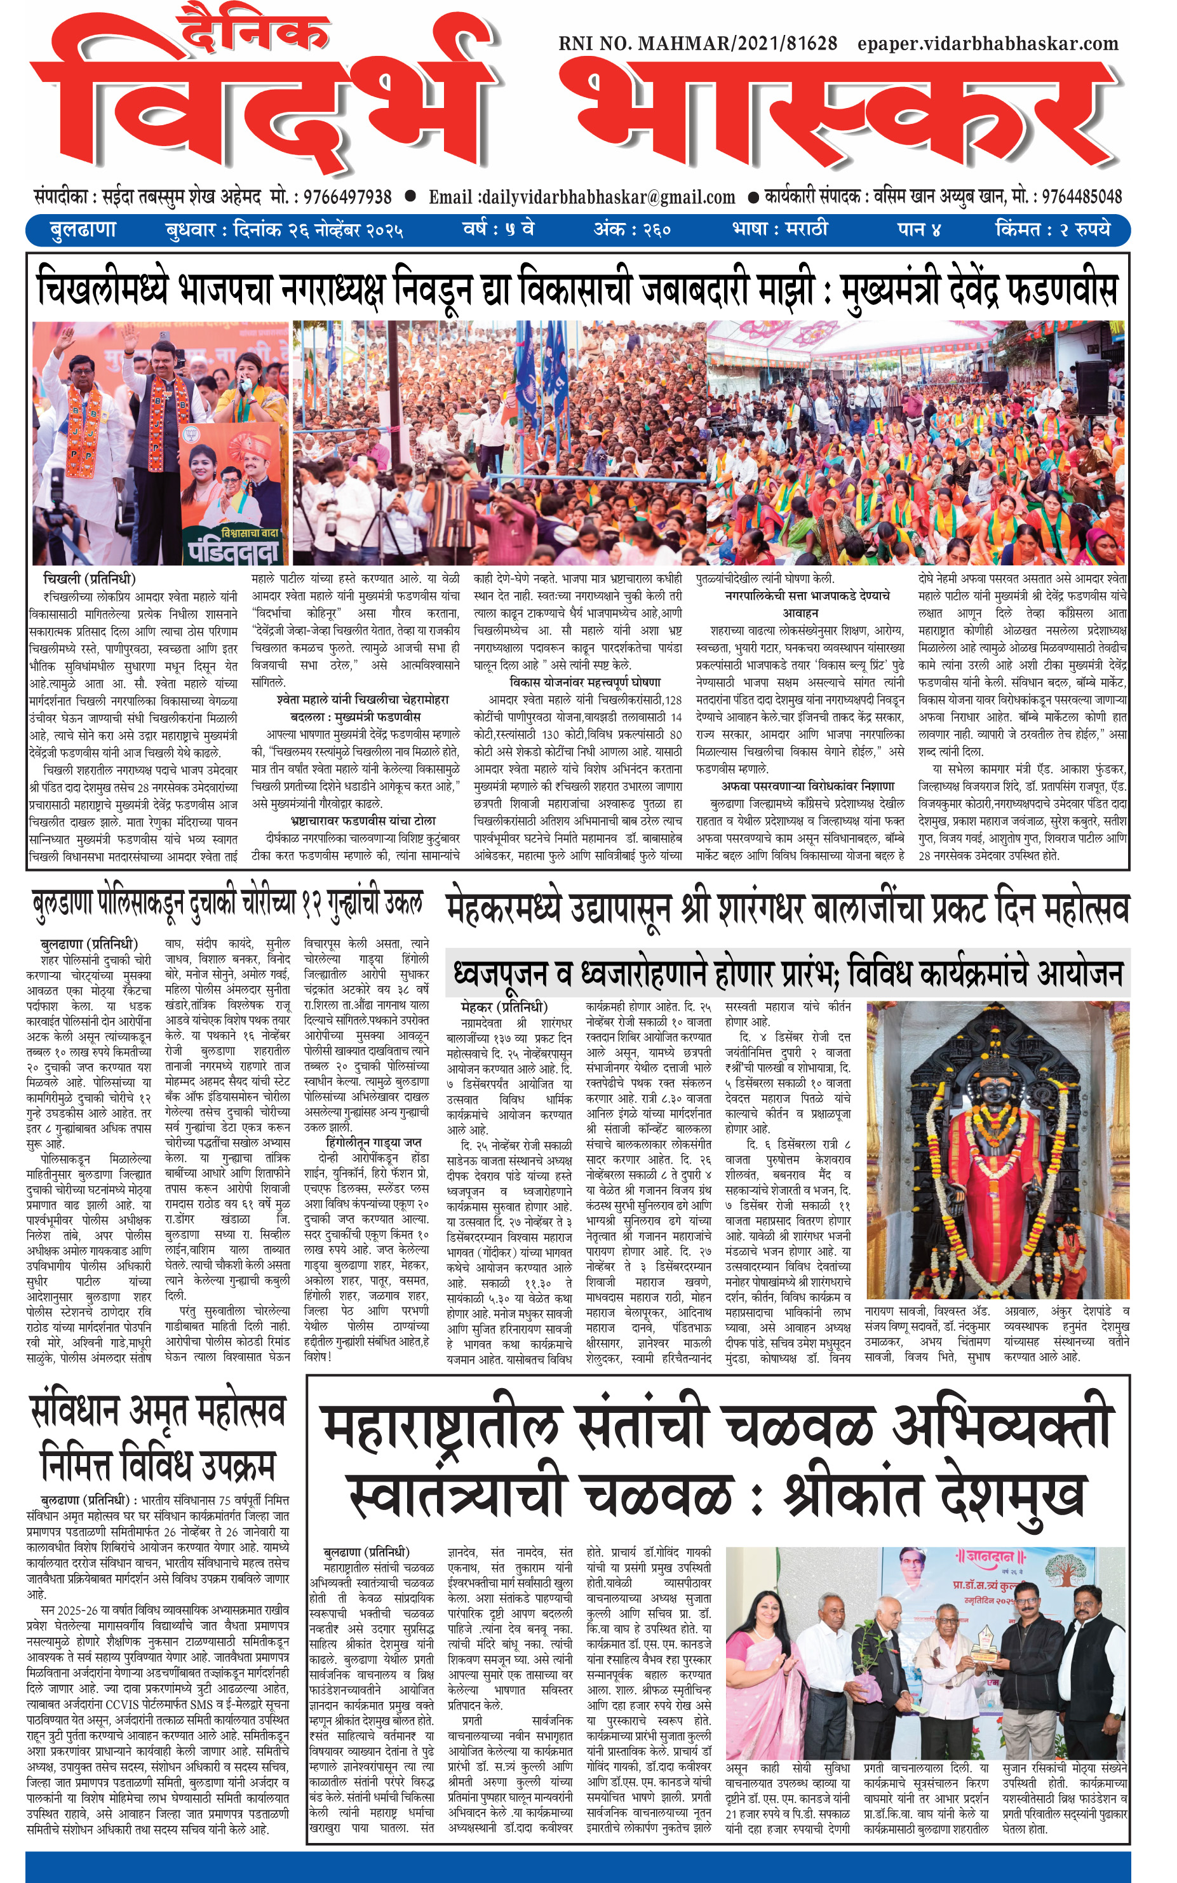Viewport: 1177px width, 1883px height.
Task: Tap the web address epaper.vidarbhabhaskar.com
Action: tap(988, 44)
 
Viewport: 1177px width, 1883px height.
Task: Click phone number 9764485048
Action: tap(1081, 196)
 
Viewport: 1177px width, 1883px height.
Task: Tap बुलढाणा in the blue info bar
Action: tap(83, 231)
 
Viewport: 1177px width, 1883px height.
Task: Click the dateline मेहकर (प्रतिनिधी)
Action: tap(504, 1006)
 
